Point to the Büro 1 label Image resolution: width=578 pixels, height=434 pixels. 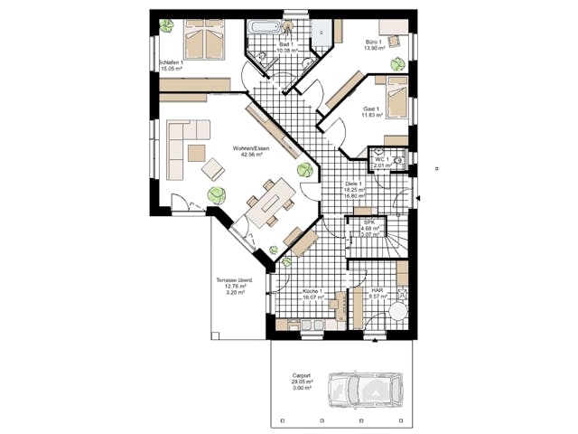click(x=373, y=42)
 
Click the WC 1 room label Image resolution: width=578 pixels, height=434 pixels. click(x=383, y=159)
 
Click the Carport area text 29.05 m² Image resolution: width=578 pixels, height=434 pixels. click(x=302, y=382)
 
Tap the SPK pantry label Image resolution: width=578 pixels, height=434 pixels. click(x=368, y=222)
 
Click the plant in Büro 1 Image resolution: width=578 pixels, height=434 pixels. click(x=397, y=62)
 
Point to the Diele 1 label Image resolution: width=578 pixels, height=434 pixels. click(x=354, y=184)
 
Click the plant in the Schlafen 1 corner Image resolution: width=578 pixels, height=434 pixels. click(x=166, y=26)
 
